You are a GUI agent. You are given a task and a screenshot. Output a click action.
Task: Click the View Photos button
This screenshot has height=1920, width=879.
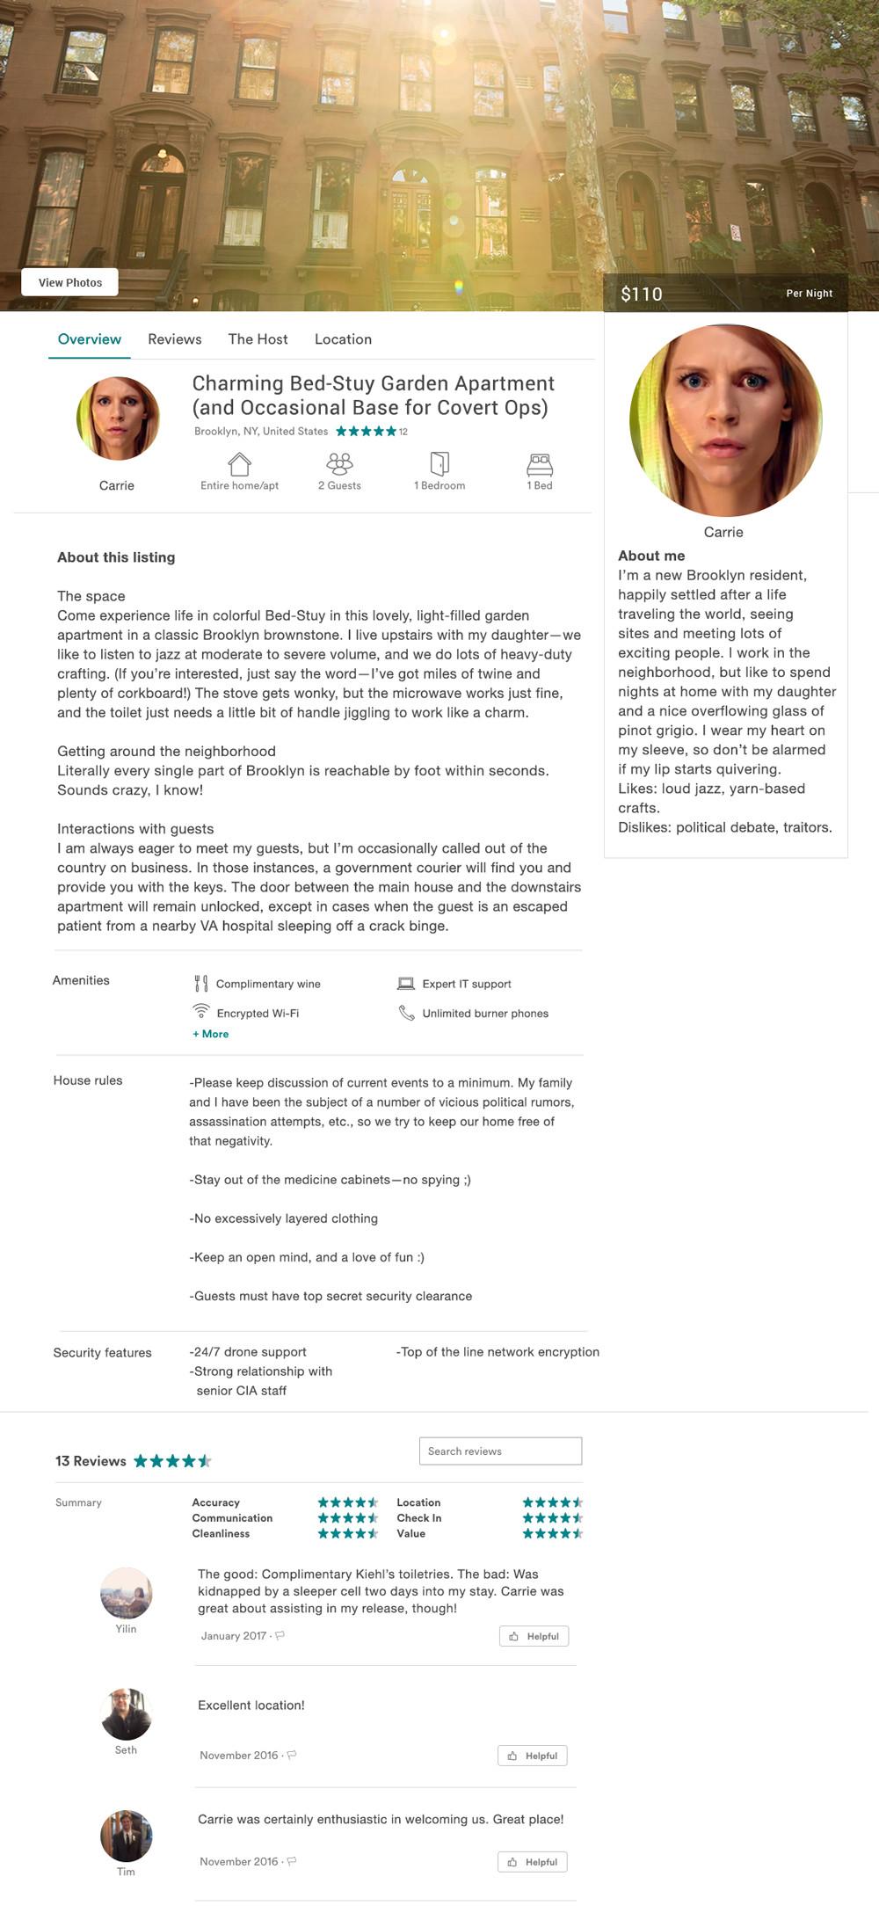coord(70,282)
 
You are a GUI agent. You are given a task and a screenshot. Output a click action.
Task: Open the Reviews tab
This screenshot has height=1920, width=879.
coord(174,339)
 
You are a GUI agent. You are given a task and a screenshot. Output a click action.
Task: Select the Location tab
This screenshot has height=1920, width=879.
coord(343,339)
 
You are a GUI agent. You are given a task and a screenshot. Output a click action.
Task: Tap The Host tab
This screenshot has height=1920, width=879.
coord(258,339)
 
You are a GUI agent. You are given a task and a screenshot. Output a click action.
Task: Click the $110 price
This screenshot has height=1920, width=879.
coord(642,295)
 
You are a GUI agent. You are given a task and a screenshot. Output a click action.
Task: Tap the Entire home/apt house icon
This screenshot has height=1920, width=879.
coord(239,463)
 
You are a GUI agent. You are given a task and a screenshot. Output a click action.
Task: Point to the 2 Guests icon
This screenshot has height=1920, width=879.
coord(339,463)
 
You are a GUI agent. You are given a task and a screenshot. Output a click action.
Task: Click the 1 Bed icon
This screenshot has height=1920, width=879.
coord(540,463)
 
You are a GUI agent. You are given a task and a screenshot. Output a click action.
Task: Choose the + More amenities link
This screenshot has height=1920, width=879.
coord(211,1034)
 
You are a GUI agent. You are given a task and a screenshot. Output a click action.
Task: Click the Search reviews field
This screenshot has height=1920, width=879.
coord(500,1451)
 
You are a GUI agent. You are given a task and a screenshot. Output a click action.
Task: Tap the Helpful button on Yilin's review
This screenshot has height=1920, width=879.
coord(534,1636)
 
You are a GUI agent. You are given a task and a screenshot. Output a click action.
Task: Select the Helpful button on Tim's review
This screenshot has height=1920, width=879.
coord(533,1862)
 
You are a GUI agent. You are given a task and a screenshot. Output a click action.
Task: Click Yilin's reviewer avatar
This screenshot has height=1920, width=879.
coord(127,1593)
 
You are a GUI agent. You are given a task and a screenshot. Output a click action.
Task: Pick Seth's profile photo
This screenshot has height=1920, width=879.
coord(127,1714)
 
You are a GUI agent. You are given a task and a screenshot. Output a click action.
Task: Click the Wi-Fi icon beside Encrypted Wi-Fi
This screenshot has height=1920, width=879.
coord(201,1011)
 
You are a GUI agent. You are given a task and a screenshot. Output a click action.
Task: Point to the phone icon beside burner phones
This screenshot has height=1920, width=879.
coord(406,1013)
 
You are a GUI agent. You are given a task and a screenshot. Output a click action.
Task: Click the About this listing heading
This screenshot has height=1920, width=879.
coord(116,557)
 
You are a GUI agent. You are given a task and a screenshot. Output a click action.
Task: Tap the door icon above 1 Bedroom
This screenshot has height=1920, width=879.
coord(439,463)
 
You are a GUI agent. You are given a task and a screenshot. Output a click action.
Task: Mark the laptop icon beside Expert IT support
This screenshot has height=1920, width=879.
coord(406,984)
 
